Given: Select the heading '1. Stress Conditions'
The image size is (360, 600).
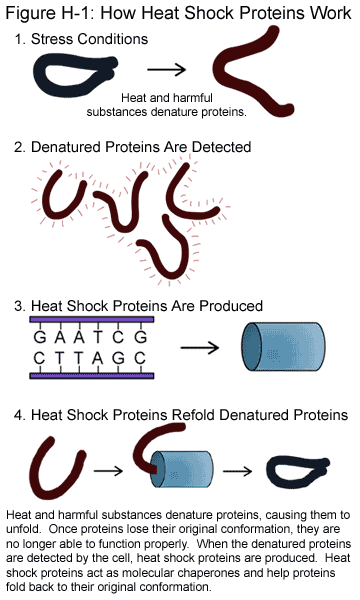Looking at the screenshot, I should [82, 40].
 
